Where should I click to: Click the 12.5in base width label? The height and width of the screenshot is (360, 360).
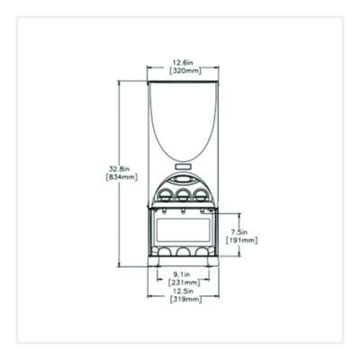click(x=184, y=292)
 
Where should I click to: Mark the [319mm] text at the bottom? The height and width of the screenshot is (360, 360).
click(x=184, y=300)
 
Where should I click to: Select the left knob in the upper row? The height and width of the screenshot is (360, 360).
click(x=166, y=193)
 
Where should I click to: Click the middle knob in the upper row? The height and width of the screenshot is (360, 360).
click(x=184, y=193)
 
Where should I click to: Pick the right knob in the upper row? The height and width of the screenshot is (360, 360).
click(x=202, y=193)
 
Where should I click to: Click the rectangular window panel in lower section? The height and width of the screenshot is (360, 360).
click(x=184, y=229)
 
